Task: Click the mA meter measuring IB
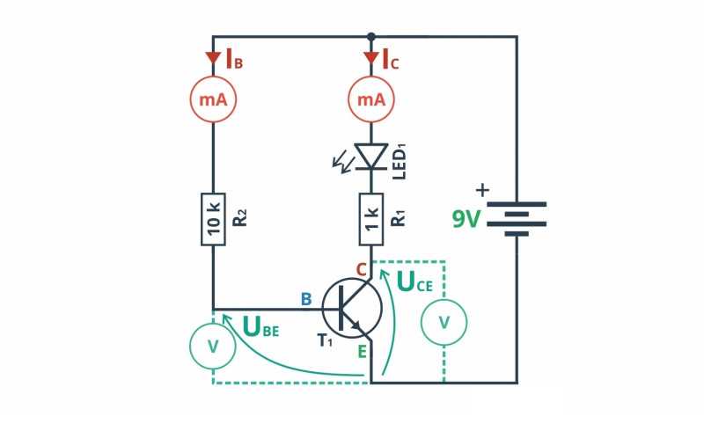pos(213,99)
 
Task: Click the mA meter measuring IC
pos(371,99)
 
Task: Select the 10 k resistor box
pos(213,220)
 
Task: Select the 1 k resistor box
pos(371,220)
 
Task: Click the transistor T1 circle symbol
pos(352,308)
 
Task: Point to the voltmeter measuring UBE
pos(213,347)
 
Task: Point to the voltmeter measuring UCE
pos(444,322)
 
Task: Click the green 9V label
pos(466,219)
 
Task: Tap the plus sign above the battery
pos(482,190)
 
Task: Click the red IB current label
pos(234,59)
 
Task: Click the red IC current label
pos(390,59)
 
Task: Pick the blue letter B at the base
pos(306,299)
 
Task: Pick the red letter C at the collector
pos(362,270)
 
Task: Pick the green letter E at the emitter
pos(362,352)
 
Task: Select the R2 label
pos(240,217)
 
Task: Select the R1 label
pos(399,218)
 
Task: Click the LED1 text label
pos(400,162)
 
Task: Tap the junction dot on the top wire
pos(370,36)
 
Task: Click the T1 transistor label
pos(326,340)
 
